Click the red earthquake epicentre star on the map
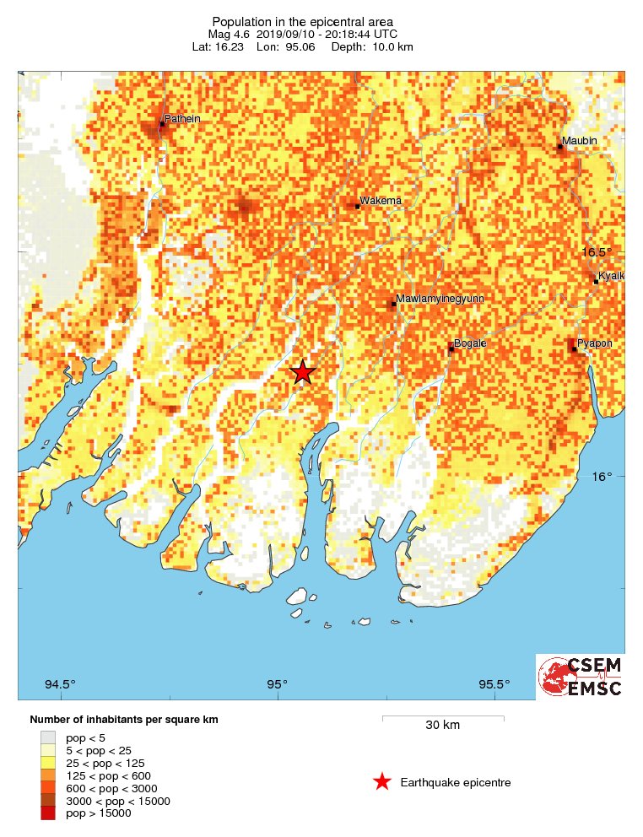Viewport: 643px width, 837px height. click(302, 372)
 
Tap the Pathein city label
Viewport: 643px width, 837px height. click(182, 119)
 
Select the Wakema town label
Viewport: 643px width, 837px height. click(381, 201)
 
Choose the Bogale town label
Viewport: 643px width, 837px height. click(470, 343)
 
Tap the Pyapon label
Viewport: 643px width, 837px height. click(594, 343)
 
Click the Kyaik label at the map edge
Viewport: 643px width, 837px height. click(611, 277)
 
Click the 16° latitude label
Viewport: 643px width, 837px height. click(600, 477)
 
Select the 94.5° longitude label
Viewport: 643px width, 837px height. click(61, 683)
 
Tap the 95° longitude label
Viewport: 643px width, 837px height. click(278, 683)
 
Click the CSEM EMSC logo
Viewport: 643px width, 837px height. click(581, 677)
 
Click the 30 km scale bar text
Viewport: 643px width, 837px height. click(442, 725)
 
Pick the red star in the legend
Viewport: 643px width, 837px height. click(382, 782)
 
